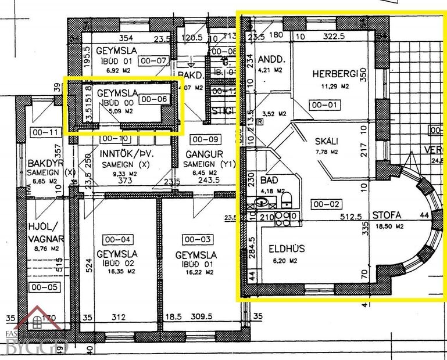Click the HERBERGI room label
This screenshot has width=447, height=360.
(333, 74)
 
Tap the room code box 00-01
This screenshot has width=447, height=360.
(324, 106)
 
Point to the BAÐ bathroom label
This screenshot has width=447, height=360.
(269, 181)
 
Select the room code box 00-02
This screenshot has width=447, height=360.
(324, 204)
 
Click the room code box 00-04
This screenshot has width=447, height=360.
(116, 239)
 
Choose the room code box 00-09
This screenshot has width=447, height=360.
(205, 139)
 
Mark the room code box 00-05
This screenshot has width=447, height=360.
(43, 287)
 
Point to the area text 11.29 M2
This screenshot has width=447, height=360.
(333, 86)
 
